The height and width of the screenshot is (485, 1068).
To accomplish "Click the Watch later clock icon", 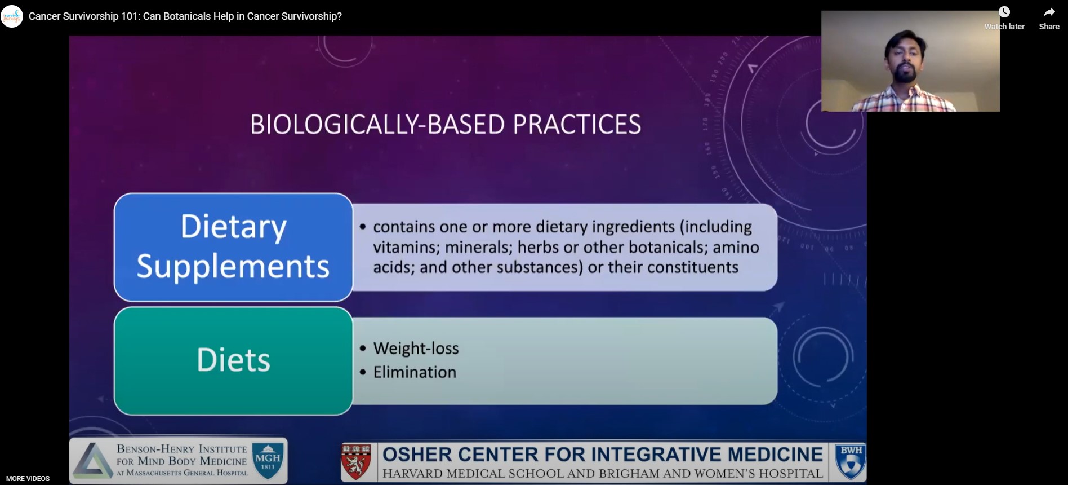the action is (1004, 12).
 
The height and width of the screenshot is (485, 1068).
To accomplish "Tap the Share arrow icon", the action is (1049, 12).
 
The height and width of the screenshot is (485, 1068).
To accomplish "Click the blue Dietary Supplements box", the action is (233, 247).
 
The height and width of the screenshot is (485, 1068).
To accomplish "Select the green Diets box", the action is (233, 361).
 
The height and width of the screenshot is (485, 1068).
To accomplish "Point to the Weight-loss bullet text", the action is (416, 349).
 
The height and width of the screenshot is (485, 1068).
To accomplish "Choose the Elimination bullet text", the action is (415, 372).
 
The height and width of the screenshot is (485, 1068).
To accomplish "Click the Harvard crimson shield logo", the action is (356, 461).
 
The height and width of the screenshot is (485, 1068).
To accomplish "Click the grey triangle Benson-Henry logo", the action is (93, 461).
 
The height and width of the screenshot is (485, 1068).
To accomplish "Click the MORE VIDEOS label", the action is (28, 479).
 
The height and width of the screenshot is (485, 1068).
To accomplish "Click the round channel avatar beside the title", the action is (12, 16).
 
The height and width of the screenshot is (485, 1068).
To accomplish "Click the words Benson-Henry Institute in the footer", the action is (182, 449).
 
